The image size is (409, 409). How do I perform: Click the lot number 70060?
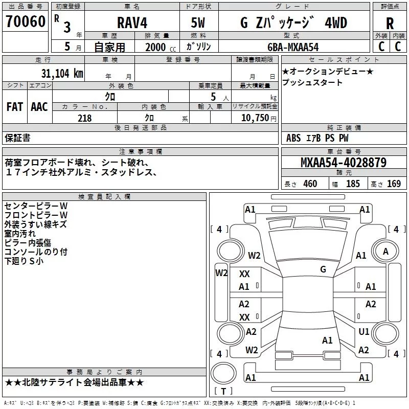click(x=26, y=21)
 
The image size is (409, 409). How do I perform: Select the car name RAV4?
click(x=132, y=22)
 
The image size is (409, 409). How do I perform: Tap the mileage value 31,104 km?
click(x=62, y=73)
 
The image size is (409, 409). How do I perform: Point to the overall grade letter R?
click(x=390, y=24)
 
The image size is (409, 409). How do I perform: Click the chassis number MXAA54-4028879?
click(x=344, y=163)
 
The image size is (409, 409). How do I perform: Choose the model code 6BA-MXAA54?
click(x=293, y=47)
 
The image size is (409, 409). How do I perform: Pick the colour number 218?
click(x=84, y=118)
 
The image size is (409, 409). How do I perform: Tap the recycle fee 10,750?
click(x=255, y=118)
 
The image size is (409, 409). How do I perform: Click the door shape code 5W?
click(x=198, y=22)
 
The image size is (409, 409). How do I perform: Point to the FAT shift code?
click(x=15, y=107)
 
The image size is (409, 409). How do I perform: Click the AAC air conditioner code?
click(x=39, y=107)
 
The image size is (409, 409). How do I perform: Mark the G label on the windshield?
click(x=323, y=269)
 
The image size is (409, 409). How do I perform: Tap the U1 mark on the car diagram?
click(x=363, y=331)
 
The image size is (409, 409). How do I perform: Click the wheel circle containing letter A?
click(x=385, y=251)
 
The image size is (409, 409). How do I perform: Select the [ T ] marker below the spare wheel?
click(x=223, y=391)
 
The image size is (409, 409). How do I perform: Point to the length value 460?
click(x=310, y=184)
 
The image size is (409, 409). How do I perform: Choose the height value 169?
click(x=394, y=184)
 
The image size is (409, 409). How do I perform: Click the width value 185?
click(x=353, y=184)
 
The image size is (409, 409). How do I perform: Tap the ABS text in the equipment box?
click(x=293, y=138)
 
